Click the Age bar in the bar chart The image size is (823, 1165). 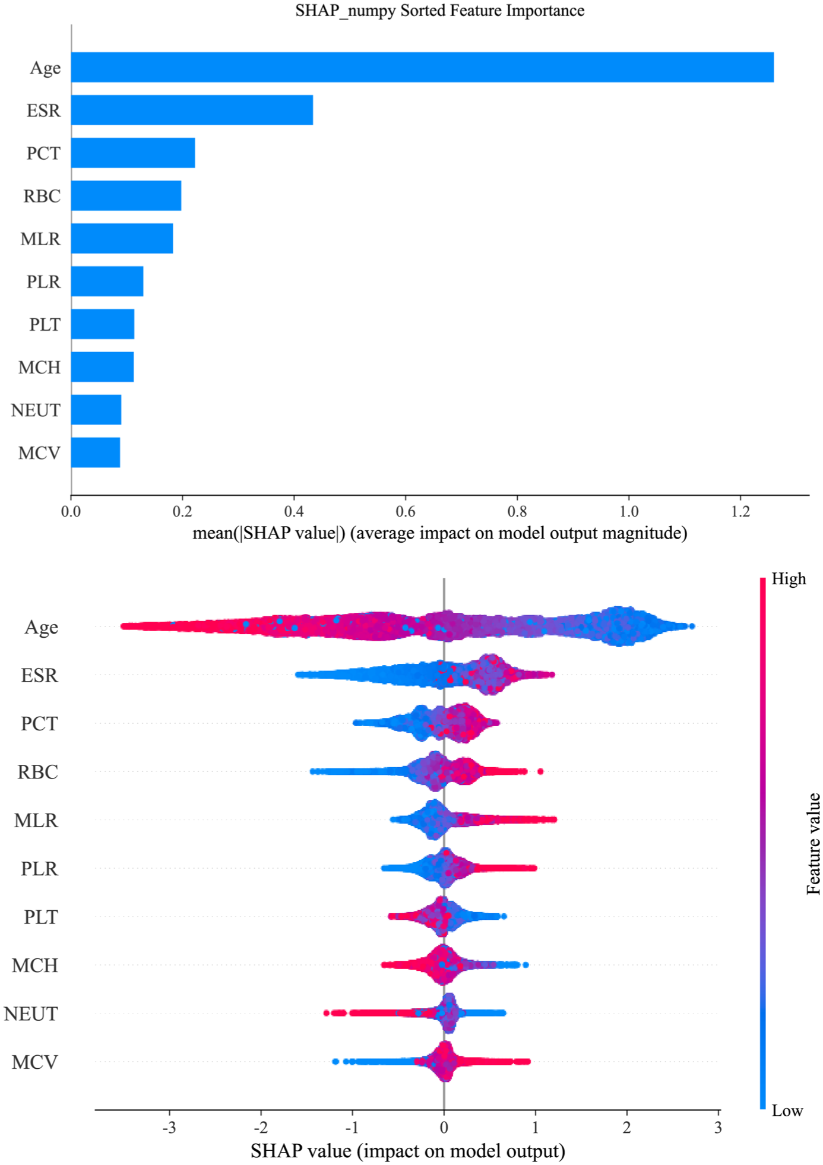pos(422,67)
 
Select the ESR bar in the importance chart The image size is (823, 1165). pos(192,110)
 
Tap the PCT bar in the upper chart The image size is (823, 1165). pos(133,153)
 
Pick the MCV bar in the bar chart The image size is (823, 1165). pos(96,452)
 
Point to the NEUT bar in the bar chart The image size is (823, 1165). pos(96,410)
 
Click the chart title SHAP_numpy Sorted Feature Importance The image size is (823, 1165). pos(440,11)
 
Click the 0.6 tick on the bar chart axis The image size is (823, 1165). pos(406,511)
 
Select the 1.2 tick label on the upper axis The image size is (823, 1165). pos(740,511)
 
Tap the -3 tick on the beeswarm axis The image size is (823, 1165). pos(169,1127)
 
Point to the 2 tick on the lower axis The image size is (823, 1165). pos(626,1127)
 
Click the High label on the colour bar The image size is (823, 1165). pos(789,579)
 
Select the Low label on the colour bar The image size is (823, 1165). pos(787,1110)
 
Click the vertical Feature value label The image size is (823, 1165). pos(813,844)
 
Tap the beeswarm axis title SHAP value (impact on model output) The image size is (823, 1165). pos(408,1151)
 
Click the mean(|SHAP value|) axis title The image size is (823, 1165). pos(440,533)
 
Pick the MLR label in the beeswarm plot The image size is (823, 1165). pos(36,820)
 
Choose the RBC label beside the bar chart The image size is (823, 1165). pos(42,196)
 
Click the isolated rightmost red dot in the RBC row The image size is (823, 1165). pos(540,771)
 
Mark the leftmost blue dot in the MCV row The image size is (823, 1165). pos(335,1061)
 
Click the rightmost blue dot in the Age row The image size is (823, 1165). pos(691,626)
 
